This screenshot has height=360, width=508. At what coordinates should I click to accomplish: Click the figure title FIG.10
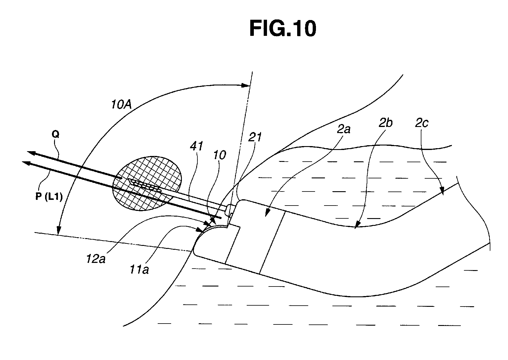click(x=283, y=29)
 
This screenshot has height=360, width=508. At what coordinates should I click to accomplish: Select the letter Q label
click(x=56, y=134)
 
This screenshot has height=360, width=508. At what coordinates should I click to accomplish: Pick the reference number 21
click(x=255, y=137)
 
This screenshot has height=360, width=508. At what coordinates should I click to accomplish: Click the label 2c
click(x=421, y=123)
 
